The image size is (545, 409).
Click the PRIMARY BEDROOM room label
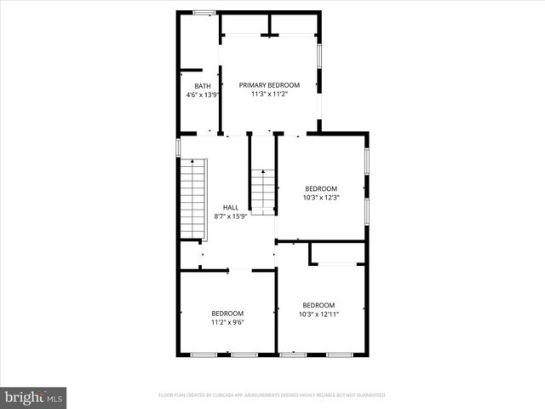pyautogui.click(x=269, y=84)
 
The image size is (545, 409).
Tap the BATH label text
pyautogui.click(x=202, y=86)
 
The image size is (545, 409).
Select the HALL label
pyautogui.click(x=231, y=207)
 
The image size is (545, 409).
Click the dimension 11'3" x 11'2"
pyautogui.click(x=269, y=94)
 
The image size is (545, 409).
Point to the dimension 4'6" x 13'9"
pyautogui.click(x=203, y=95)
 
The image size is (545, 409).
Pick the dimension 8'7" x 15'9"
pyautogui.click(x=231, y=216)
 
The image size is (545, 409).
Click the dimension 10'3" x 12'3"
pyautogui.click(x=321, y=198)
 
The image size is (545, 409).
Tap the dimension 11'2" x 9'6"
pyautogui.click(x=227, y=322)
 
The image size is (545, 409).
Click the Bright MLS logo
pyautogui.click(x=34, y=397)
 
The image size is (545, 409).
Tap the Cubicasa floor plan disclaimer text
pyautogui.click(x=272, y=395)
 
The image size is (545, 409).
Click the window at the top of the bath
pyautogui.click(x=204, y=12)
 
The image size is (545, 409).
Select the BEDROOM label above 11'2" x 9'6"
pyautogui.click(x=227, y=313)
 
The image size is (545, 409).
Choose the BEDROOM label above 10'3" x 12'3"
pyautogui.click(x=321, y=188)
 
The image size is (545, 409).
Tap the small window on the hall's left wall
pyautogui.click(x=178, y=147)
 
